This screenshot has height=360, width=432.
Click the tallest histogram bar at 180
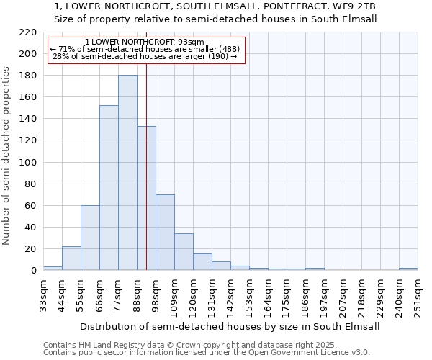(127, 173)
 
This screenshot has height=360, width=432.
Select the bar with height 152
(109, 187)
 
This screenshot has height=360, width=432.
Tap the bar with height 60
(90, 238)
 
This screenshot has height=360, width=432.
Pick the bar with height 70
(165, 232)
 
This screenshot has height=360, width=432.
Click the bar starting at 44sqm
(71, 258)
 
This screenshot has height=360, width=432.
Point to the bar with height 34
(184, 252)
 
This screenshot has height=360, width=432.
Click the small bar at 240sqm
(408, 269)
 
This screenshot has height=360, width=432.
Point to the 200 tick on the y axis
(28, 54)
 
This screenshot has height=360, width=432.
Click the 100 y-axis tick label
(28, 162)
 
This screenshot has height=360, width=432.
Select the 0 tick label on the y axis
(33, 271)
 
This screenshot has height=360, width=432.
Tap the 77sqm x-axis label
(118, 295)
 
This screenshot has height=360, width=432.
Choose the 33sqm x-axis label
(43, 295)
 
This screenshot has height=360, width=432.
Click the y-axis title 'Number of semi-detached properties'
(7, 156)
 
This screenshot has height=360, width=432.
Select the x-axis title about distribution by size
(229, 326)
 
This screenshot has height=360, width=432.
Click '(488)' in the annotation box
(225, 49)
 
